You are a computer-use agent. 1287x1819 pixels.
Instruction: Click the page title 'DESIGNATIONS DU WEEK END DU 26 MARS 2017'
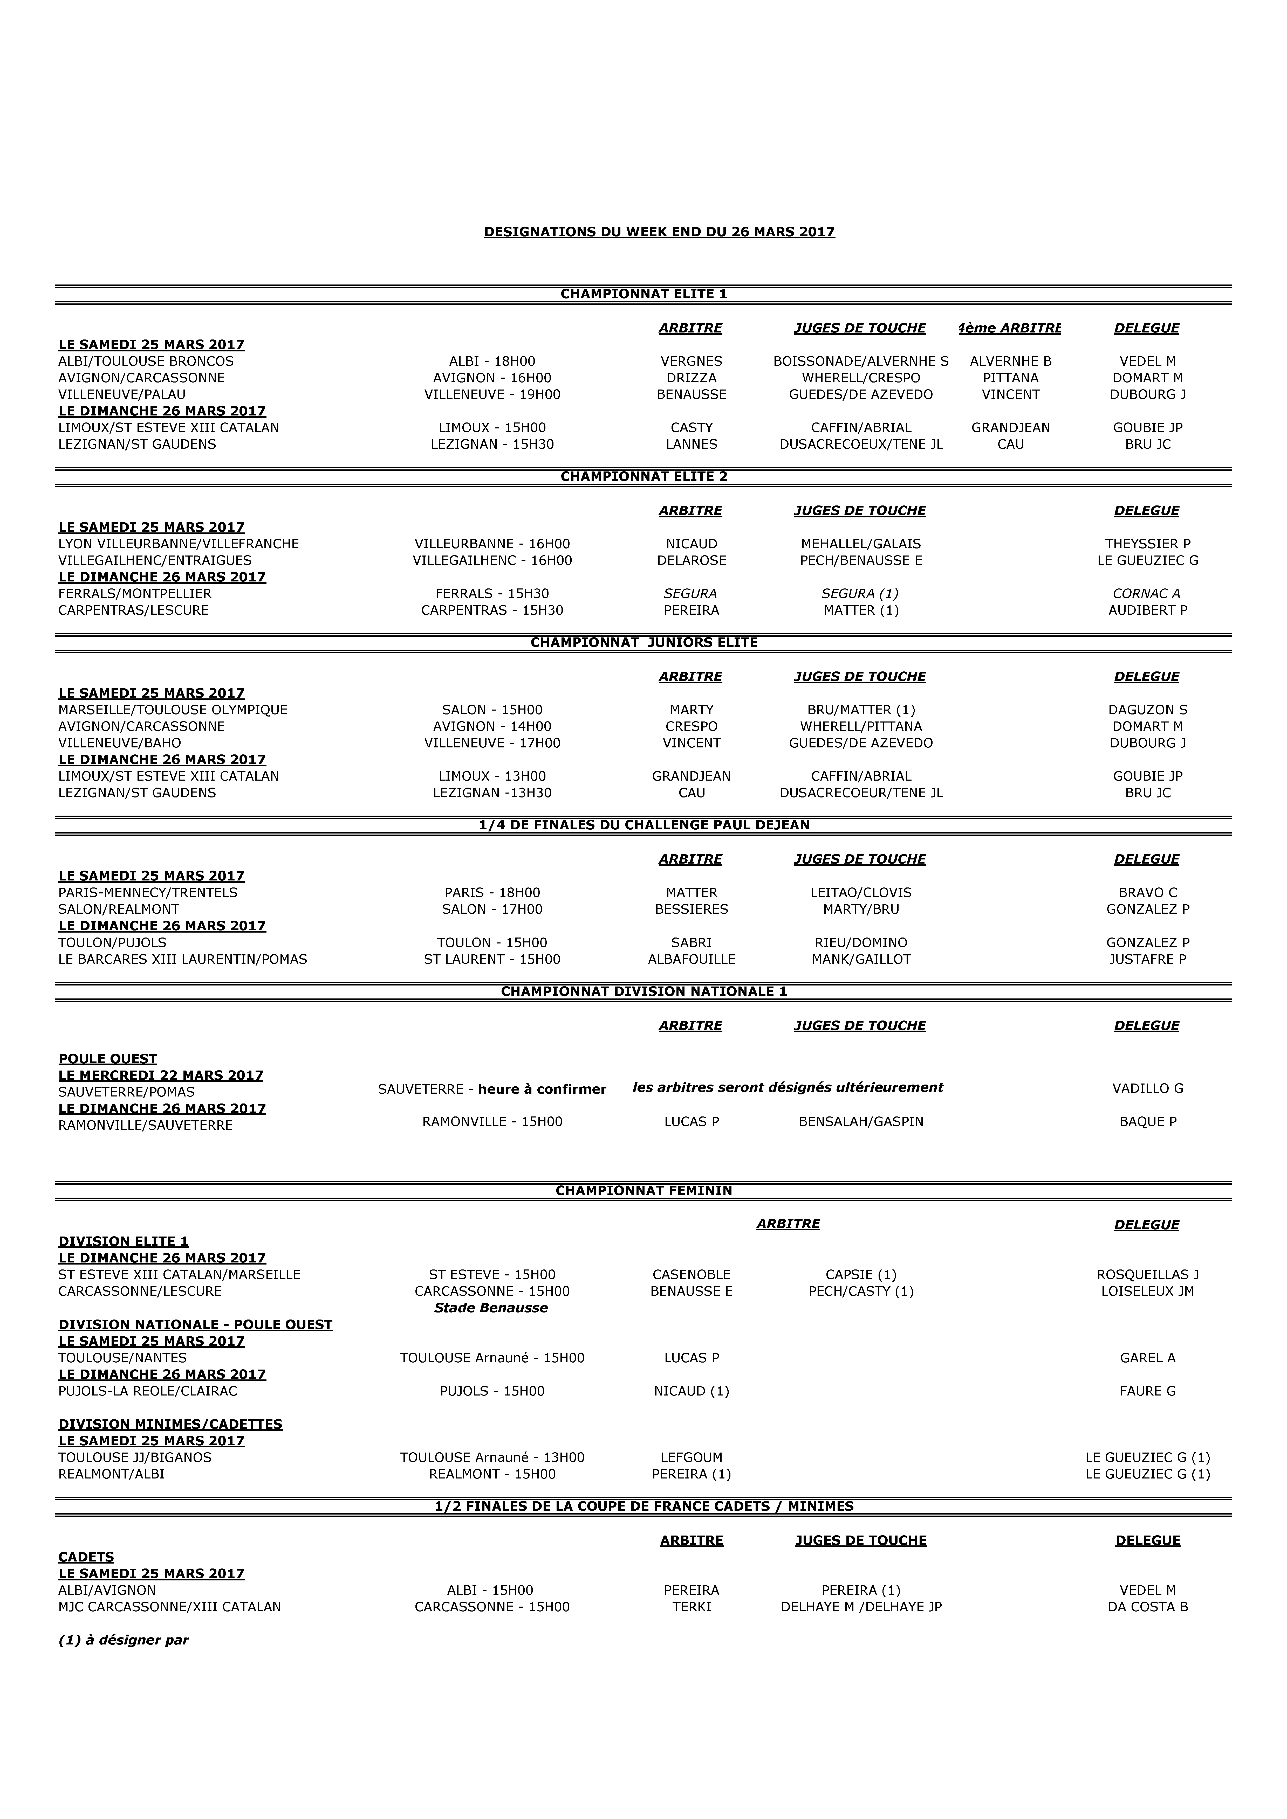659,232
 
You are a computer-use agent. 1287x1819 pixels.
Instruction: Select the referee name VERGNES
691,361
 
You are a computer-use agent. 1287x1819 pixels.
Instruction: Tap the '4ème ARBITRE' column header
1010,328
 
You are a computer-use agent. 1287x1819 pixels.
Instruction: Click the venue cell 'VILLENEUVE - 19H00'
492,394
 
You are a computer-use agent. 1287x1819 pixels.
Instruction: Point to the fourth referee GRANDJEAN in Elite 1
1010,428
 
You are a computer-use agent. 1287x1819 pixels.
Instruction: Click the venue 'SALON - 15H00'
492,710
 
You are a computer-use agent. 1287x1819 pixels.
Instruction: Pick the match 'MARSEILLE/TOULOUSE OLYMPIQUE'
173,710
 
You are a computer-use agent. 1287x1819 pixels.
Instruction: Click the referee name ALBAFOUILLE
691,959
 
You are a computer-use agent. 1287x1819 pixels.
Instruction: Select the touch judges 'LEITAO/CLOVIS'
861,893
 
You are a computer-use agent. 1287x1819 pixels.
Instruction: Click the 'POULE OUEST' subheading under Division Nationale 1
108,1059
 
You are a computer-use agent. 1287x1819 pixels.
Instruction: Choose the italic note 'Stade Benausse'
491,1308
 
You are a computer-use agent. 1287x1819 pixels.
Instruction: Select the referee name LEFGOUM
691,1458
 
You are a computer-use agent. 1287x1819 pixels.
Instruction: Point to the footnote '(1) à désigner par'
124,1640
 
